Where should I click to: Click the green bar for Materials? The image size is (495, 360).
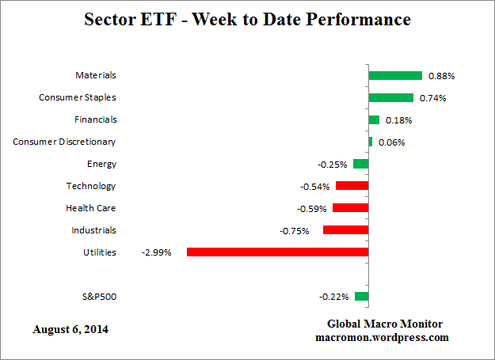pyautogui.click(x=395, y=76)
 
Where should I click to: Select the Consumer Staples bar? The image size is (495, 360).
pyautogui.click(x=390, y=98)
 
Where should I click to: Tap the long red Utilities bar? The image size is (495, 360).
pyautogui.click(x=277, y=252)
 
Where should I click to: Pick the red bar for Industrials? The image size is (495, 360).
pyautogui.click(x=345, y=230)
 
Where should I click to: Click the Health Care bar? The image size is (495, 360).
pyautogui.click(x=350, y=208)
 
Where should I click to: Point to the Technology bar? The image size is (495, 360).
pyautogui.click(x=352, y=186)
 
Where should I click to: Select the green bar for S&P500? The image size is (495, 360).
pyautogui.click(x=362, y=297)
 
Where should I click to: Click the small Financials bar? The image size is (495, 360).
pyautogui.click(x=374, y=120)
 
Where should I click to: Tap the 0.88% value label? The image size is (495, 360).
pyautogui.click(x=441, y=76)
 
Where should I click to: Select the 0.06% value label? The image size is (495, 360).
pyautogui.click(x=391, y=142)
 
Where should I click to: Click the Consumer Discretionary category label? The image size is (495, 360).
pyautogui.click(x=64, y=142)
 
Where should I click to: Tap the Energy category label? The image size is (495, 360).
pyautogui.click(x=101, y=164)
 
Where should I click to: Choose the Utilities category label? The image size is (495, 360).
pyautogui.click(x=99, y=252)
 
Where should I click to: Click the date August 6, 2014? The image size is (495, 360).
pyautogui.click(x=70, y=329)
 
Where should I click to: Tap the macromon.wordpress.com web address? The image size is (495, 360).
pyautogui.click(x=382, y=337)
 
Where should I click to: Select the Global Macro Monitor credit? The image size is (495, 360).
pyautogui.click(x=385, y=324)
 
